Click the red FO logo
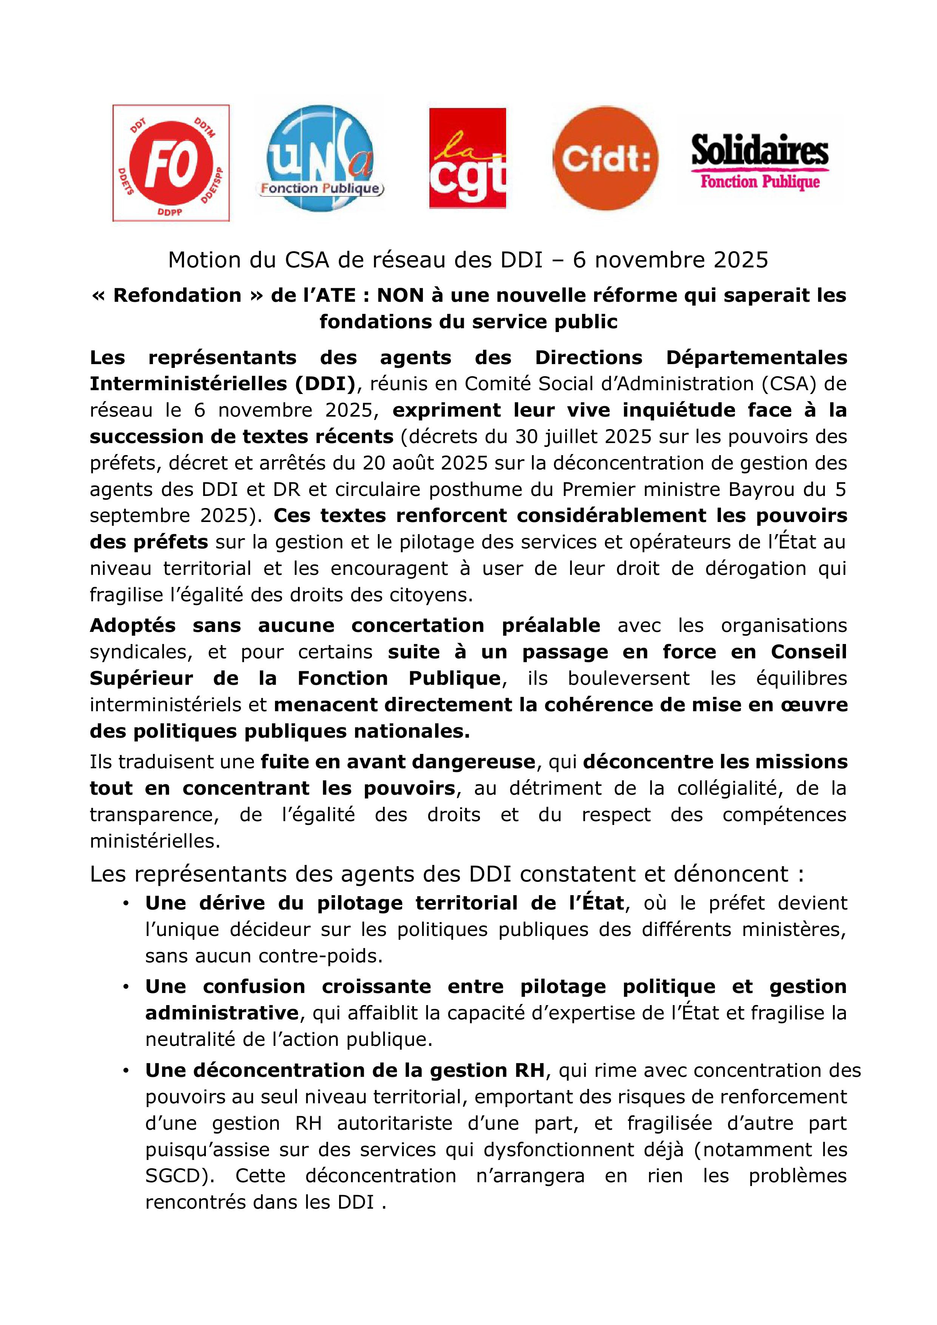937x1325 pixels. click(x=171, y=163)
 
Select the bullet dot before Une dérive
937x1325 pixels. click(x=125, y=904)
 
